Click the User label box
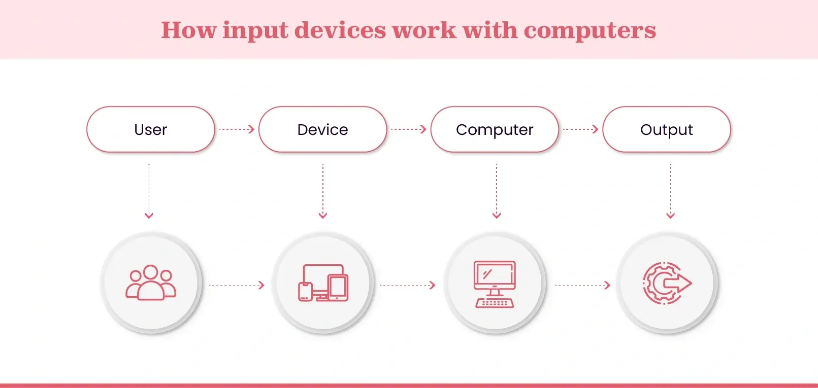(x=151, y=129)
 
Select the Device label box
(x=323, y=129)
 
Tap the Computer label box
(x=495, y=129)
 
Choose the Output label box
(x=667, y=129)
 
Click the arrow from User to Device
(x=237, y=129)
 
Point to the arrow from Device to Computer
(x=409, y=129)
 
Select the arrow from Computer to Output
(x=581, y=129)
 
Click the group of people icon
(x=151, y=283)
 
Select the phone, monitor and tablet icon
(x=323, y=283)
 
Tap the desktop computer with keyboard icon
(x=495, y=284)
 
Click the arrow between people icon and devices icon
(x=237, y=285)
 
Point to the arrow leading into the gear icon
(x=583, y=285)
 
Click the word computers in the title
(x=590, y=30)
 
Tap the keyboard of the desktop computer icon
(x=495, y=303)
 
